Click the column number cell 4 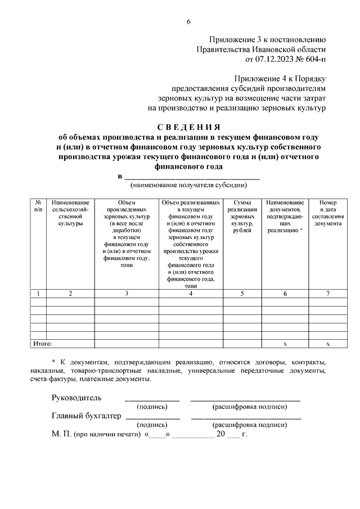191,294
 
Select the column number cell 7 327,294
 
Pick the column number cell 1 38,294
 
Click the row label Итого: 43,343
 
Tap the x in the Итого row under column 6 285,343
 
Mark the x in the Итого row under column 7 327,343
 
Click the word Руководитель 76,398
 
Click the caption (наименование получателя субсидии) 188,184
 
